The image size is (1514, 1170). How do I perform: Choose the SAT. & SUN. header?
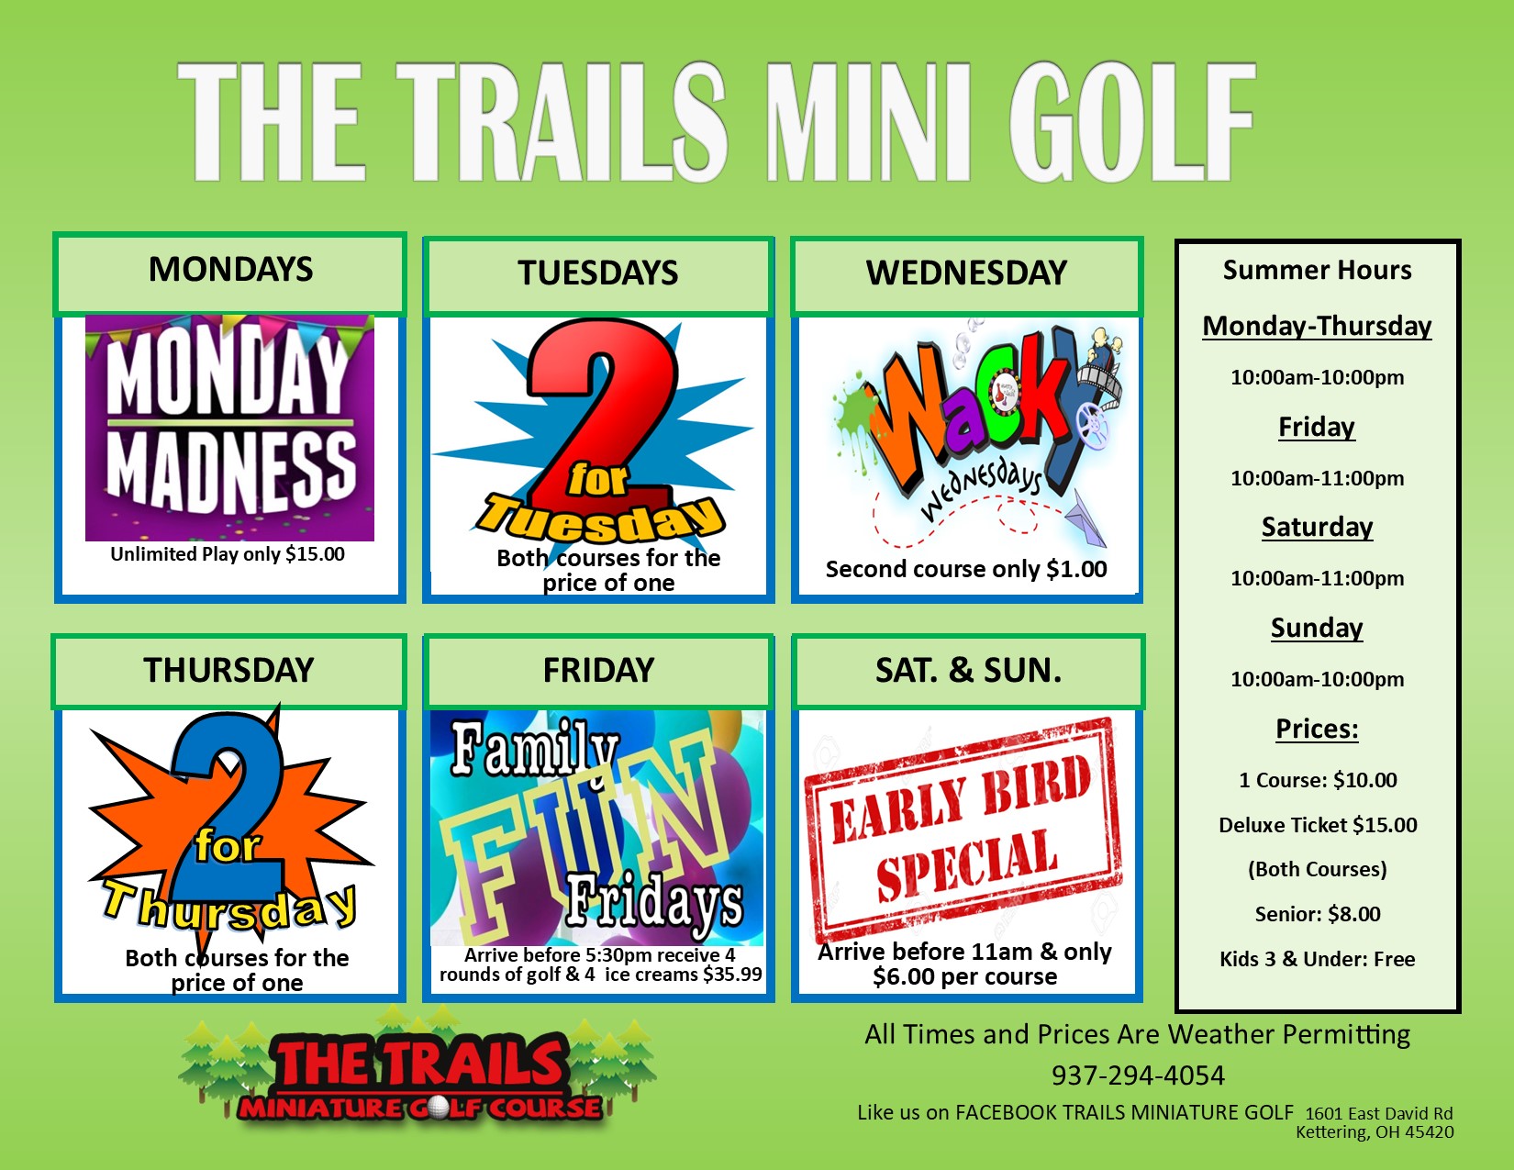(x=968, y=671)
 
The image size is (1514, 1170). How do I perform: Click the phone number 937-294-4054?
(x=1138, y=1075)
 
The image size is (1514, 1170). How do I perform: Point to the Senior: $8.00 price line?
(x=1318, y=914)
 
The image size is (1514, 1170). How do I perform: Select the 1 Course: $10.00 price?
(x=1318, y=780)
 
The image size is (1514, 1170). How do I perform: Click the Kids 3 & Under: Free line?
(x=1318, y=959)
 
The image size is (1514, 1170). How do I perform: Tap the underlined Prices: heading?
(x=1317, y=729)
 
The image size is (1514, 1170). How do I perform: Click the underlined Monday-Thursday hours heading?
(x=1317, y=326)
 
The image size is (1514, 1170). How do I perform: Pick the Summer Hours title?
(x=1317, y=270)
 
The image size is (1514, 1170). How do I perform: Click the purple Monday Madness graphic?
(x=229, y=428)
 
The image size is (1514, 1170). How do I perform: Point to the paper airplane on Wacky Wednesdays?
(x=1083, y=519)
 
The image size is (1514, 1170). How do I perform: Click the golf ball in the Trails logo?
(x=439, y=1108)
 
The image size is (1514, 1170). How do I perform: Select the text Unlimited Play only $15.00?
(x=228, y=554)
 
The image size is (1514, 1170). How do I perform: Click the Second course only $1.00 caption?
(x=966, y=569)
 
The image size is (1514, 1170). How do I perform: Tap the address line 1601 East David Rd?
(x=1379, y=1113)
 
